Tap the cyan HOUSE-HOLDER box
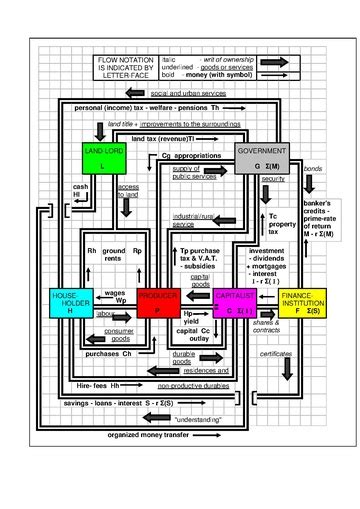tap(69, 303)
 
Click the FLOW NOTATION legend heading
tap(120, 66)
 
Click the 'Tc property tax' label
tap(281, 223)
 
